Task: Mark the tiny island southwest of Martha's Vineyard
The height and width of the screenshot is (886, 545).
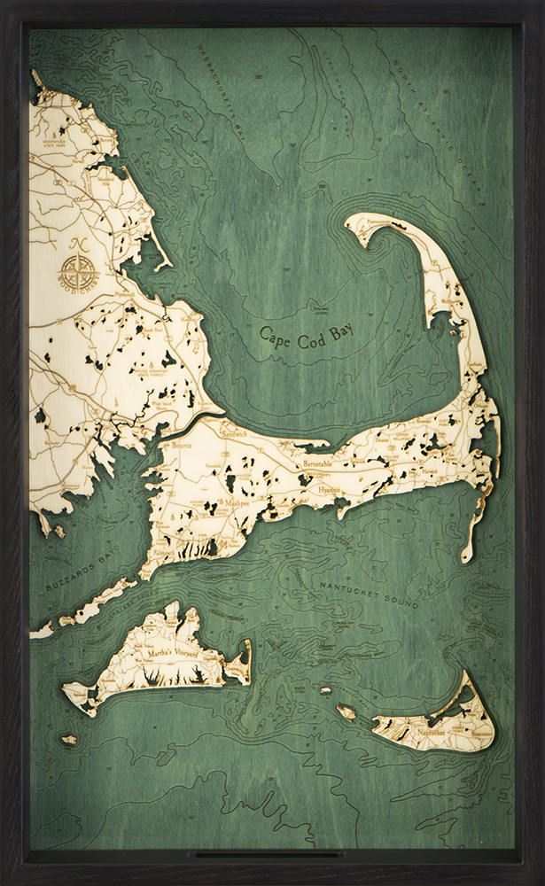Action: click(x=68, y=739)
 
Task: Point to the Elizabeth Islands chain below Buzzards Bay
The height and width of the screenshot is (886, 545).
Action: click(x=89, y=611)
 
